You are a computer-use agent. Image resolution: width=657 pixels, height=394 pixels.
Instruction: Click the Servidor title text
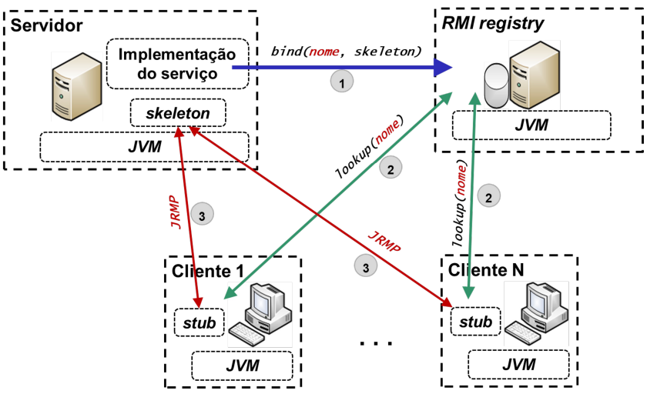point(47,27)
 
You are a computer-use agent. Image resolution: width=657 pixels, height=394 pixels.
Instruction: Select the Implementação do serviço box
point(176,64)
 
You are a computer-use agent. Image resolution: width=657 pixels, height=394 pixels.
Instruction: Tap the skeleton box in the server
point(179,114)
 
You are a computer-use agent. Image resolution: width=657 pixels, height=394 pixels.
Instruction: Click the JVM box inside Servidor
point(144,146)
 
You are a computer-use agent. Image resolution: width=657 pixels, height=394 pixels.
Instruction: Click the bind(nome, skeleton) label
point(346,52)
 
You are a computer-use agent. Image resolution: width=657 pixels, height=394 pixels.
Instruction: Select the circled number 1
point(341,81)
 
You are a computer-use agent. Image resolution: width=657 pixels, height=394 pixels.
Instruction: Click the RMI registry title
point(493,23)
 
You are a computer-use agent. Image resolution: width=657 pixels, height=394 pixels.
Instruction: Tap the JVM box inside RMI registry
point(531,124)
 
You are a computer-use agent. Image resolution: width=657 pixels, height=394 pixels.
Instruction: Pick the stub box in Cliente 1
point(199,322)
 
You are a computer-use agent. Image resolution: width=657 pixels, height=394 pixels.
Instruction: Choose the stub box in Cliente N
point(474,322)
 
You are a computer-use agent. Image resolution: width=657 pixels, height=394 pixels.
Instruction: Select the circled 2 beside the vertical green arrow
point(488,197)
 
